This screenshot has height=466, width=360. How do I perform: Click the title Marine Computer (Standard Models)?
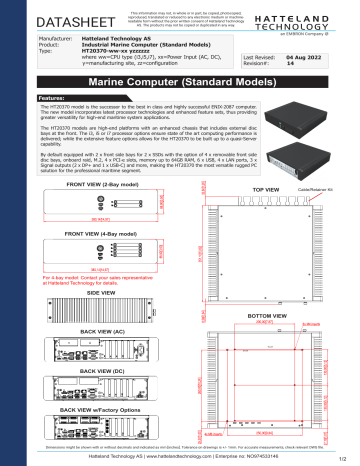click(180, 80)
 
